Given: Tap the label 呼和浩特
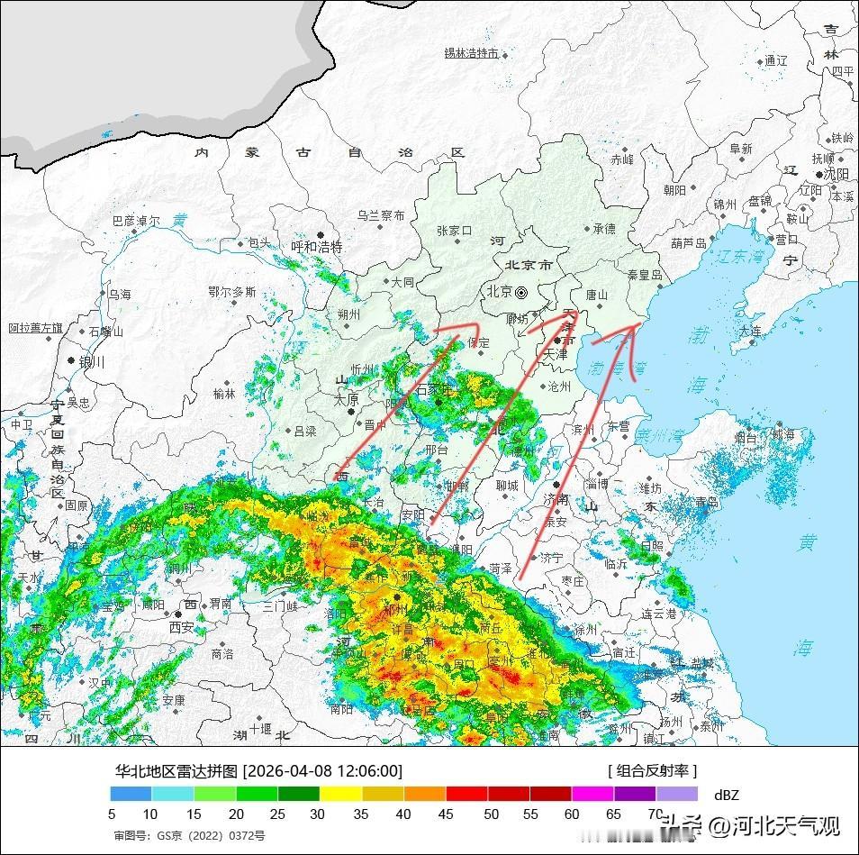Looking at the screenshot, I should (317, 247).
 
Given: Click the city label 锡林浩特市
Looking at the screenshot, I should (471, 53).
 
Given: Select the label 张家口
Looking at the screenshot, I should (454, 231).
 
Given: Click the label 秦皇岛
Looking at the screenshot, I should (645, 274).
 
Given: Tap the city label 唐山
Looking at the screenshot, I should (597, 295).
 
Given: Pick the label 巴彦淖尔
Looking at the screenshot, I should (136, 220).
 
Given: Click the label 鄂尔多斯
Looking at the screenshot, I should (231, 292).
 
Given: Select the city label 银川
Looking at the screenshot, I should (93, 361).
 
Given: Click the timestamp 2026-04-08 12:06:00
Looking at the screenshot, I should (323, 771).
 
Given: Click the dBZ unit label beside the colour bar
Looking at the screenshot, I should (727, 795).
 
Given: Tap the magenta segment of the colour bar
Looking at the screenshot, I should (592, 794).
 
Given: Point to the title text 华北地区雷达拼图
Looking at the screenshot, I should (176, 771).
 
